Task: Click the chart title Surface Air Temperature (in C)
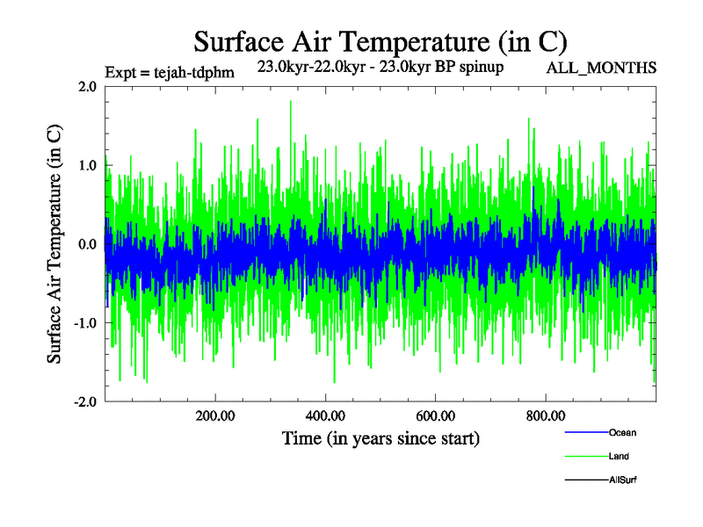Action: coord(380,41)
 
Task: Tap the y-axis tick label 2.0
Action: coord(87,86)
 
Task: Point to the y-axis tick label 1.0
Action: coord(87,165)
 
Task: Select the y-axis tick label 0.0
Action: coord(87,244)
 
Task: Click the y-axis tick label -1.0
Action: coord(84,322)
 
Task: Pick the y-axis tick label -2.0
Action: coord(84,401)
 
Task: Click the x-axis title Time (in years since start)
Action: coord(380,437)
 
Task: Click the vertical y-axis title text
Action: coord(54,243)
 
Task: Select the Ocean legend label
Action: coord(622,432)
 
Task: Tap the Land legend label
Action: coord(619,456)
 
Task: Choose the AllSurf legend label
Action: coord(623,480)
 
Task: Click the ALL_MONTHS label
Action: coord(601,68)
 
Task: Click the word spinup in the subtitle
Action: coord(478,68)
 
